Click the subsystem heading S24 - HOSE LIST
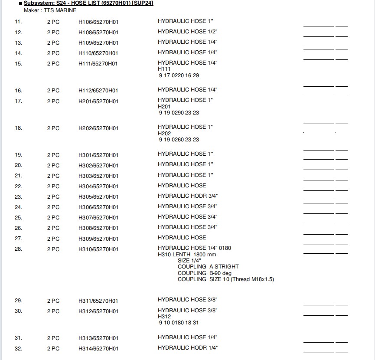tap(88, 3)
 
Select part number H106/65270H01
tap(98, 22)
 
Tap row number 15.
tap(18, 64)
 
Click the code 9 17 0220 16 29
tap(179, 75)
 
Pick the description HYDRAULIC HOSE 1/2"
tap(187, 32)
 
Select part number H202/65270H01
tap(98, 128)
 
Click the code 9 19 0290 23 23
tap(179, 113)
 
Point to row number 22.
tap(18, 187)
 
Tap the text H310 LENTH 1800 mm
tap(187, 255)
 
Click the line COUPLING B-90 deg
tap(204, 273)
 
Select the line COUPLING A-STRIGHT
tap(208, 267)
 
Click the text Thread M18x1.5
tap(253, 279)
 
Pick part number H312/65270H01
tap(98, 311)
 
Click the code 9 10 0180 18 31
tap(179, 323)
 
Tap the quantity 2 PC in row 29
tap(53, 301)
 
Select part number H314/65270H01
tap(98, 349)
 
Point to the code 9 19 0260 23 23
tap(179, 140)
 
